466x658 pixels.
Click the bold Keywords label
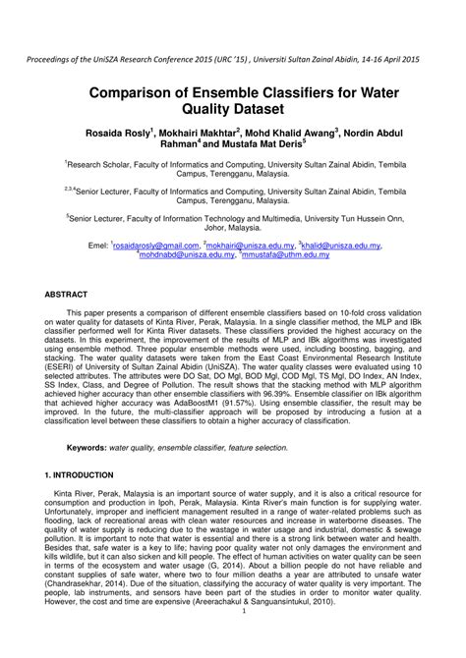tap(87, 447)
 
